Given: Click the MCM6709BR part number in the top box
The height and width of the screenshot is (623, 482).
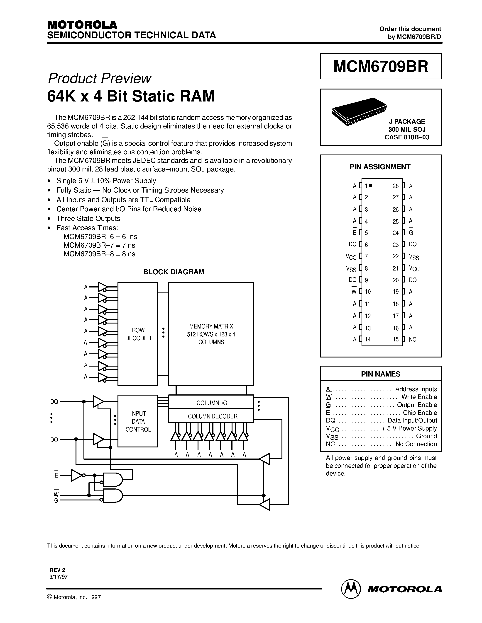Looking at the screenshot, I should click(381, 66).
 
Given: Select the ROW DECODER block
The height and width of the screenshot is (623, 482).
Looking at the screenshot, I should click(138, 334).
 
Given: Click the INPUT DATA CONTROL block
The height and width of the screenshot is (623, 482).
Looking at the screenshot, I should click(138, 421).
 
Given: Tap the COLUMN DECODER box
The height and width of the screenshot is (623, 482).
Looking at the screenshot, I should click(211, 416).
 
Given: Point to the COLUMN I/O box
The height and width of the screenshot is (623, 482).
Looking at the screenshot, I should click(211, 403).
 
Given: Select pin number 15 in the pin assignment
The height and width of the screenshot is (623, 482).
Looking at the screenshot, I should click(396, 339).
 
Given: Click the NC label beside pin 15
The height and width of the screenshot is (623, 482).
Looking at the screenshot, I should click(412, 339).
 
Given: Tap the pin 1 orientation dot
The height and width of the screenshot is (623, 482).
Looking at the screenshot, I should click(371, 185).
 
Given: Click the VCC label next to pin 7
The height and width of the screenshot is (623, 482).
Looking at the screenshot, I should click(351, 257).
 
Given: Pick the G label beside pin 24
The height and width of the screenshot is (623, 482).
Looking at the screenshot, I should click(411, 233).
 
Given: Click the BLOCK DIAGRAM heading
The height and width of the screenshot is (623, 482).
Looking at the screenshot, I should click(174, 272).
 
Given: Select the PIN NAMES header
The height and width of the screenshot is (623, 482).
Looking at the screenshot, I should click(381, 374).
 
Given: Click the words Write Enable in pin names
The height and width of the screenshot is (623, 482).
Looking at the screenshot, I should click(419, 397).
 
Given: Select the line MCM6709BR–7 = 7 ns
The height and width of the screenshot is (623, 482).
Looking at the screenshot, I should click(99, 245).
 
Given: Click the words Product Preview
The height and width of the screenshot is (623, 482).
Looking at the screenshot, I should click(100, 78).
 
